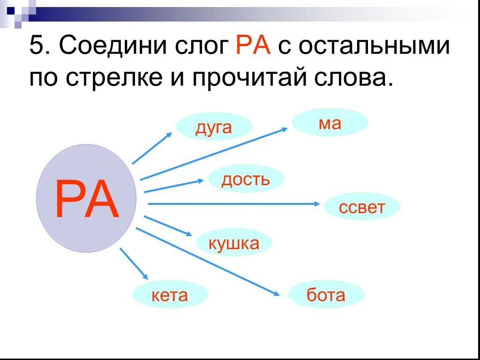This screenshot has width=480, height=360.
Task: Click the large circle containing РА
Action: pyautogui.click(x=86, y=198)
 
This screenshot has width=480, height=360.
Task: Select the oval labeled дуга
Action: pyautogui.click(x=214, y=127)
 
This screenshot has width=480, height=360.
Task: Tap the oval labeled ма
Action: pyautogui.click(x=330, y=123)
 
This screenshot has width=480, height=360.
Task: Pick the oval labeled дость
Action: pyautogui.click(x=246, y=179)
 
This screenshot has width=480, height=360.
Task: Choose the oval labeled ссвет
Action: pyautogui.click(x=362, y=207)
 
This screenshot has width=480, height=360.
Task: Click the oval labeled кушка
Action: pyautogui.click(x=233, y=243)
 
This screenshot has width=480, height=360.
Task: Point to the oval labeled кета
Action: pyautogui.click(x=170, y=295)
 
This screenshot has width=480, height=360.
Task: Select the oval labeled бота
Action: pyautogui.click(x=326, y=295)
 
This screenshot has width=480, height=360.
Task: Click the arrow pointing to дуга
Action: pyautogui.click(x=152, y=148)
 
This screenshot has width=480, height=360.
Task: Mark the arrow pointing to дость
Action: pyautogui.click(x=173, y=186)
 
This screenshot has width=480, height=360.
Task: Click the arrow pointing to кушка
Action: pyautogui.click(x=168, y=226)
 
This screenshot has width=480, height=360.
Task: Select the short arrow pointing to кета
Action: pyautogui.click(x=134, y=264)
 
